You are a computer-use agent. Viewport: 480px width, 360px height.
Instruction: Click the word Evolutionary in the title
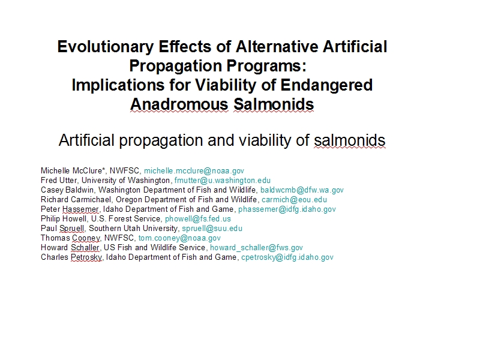tap(106, 47)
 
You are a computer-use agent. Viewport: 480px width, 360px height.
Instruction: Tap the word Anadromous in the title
tap(179, 104)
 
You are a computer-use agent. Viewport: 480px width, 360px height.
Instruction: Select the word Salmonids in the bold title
tap(274, 104)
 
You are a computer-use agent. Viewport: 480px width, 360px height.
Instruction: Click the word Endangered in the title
tap(326, 85)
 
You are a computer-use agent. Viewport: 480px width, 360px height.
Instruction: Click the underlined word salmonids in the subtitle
tap(350, 140)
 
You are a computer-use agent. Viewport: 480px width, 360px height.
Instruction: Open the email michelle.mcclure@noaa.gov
tap(194, 171)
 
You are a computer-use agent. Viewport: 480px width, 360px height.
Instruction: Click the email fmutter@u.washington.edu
tap(223, 181)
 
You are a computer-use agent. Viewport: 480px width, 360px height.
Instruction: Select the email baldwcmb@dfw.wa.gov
tap(302, 190)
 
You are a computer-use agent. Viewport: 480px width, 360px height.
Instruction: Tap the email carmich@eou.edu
tap(294, 200)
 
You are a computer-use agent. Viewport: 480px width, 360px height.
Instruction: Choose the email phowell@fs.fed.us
tap(198, 219)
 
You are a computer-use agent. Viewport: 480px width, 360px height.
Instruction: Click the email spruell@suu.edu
tap(212, 229)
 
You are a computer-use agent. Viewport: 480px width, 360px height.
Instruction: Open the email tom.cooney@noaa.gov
tap(179, 238)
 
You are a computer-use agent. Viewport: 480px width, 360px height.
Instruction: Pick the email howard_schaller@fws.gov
tap(256, 248)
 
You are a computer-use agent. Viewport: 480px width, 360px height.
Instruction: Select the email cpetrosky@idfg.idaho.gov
tap(287, 257)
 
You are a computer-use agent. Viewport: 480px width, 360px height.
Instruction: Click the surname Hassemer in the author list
tap(80, 209)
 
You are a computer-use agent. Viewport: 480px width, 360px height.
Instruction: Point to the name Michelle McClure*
tap(73, 171)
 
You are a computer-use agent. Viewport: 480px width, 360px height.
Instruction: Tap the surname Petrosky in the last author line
tap(86, 257)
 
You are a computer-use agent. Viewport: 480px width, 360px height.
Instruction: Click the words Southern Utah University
tap(133, 229)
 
